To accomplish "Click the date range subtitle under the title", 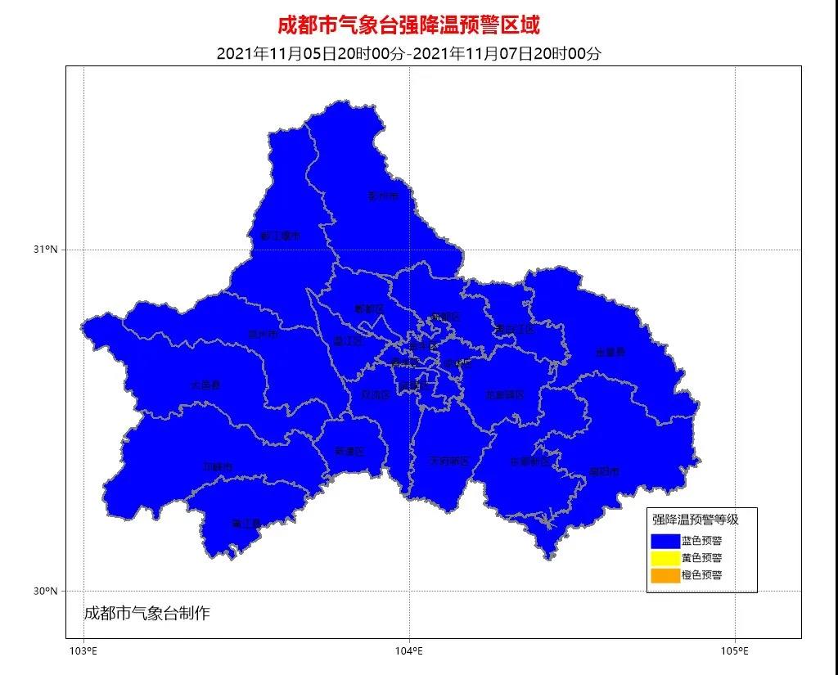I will click(x=408, y=54).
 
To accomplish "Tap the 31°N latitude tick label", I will click(x=46, y=250).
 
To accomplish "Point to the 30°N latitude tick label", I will click(x=46, y=591).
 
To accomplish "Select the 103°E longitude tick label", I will click(x=83, y=651).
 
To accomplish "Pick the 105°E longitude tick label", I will click(x=735, y=651).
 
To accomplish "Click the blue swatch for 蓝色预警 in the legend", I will click(x=665, y=541).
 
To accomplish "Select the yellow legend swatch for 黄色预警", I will click(x=665, y=558).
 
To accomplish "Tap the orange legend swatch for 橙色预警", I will click(x=665, y=575).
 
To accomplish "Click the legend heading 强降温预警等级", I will click(x=695, y=520).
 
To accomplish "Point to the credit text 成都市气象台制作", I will click(x=147, y=613).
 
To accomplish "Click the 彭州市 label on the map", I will click(x=382, y=196).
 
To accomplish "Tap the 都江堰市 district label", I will click(x=280, y=236).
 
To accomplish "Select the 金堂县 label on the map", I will click(x=610, y=353).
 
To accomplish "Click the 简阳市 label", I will click(x=604, y=472).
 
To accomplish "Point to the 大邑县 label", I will click(x=205, y=385).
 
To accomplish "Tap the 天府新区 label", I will click(x=449, y=461).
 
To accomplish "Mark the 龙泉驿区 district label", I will click(x=504, y=395).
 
